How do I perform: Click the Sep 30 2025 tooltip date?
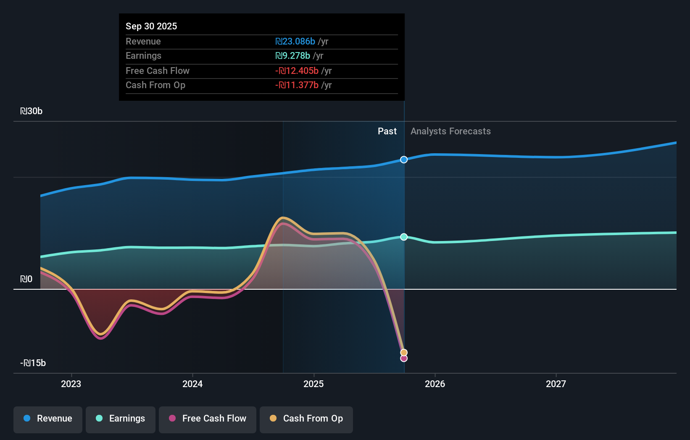coord(151,26)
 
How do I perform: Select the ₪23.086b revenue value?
coord(295,41)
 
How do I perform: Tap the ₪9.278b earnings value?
coord(292,55)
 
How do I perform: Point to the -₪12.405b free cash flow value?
coord(297,71)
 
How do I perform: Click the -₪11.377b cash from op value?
coord(297,85)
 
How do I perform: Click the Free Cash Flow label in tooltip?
coord(158,71)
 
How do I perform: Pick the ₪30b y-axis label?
coord(32,111)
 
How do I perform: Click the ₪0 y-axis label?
coord(26,279)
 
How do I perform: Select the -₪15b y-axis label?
coord(33,363)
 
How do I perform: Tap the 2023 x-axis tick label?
coord(71,384)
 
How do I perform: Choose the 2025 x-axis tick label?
coord(313,384)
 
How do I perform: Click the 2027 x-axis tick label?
coord(556,384)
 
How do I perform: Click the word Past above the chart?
coord(387,131)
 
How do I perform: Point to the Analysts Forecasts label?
coord(450,131)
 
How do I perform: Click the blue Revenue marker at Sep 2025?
coord(404,160)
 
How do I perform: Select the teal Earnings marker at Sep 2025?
coord(404,237)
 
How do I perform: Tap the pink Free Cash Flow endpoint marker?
coord(404,359)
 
